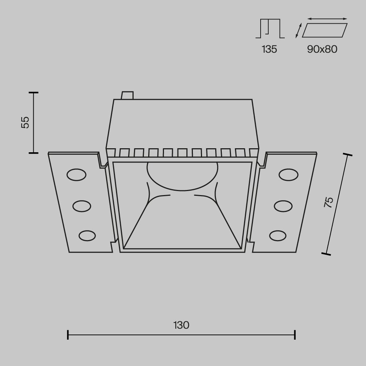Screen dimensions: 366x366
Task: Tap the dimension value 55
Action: [x=25, y=122]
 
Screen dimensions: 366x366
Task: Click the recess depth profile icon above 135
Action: [x=270, y=29]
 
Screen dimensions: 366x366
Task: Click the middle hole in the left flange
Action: [x=82, y=206]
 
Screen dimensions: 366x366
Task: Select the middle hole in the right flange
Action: [x=283, y=206]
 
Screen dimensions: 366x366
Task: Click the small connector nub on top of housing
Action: [x=127, y=95]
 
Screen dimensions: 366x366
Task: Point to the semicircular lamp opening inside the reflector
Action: [x=182, y=175]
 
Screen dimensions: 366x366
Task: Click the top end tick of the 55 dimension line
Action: [x=34, y=93]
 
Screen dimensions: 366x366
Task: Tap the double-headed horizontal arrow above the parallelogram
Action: [x=327, y=19]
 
